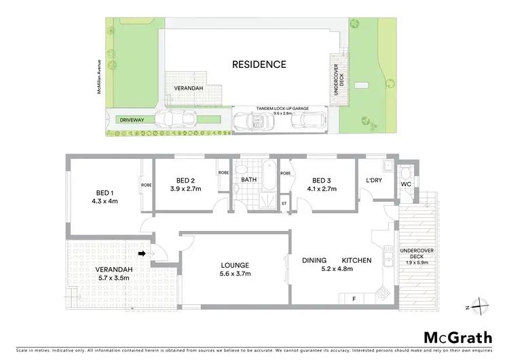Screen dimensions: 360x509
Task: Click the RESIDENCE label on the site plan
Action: pos(259,65)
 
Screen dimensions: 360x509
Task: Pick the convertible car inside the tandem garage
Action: pos(252,120)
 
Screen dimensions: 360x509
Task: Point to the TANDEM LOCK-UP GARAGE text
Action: pos(282,108)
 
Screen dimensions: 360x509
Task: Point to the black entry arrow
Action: pos(142,253)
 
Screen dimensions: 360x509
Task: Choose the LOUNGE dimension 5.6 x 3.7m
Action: pos(234,274)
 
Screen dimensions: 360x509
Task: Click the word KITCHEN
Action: pos(357,260)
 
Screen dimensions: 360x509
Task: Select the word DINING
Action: pos(315,260)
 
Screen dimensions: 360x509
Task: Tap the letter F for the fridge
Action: pos(354,298)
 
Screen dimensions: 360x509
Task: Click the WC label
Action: pos(407,183)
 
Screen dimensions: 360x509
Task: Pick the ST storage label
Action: pos(284,203)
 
